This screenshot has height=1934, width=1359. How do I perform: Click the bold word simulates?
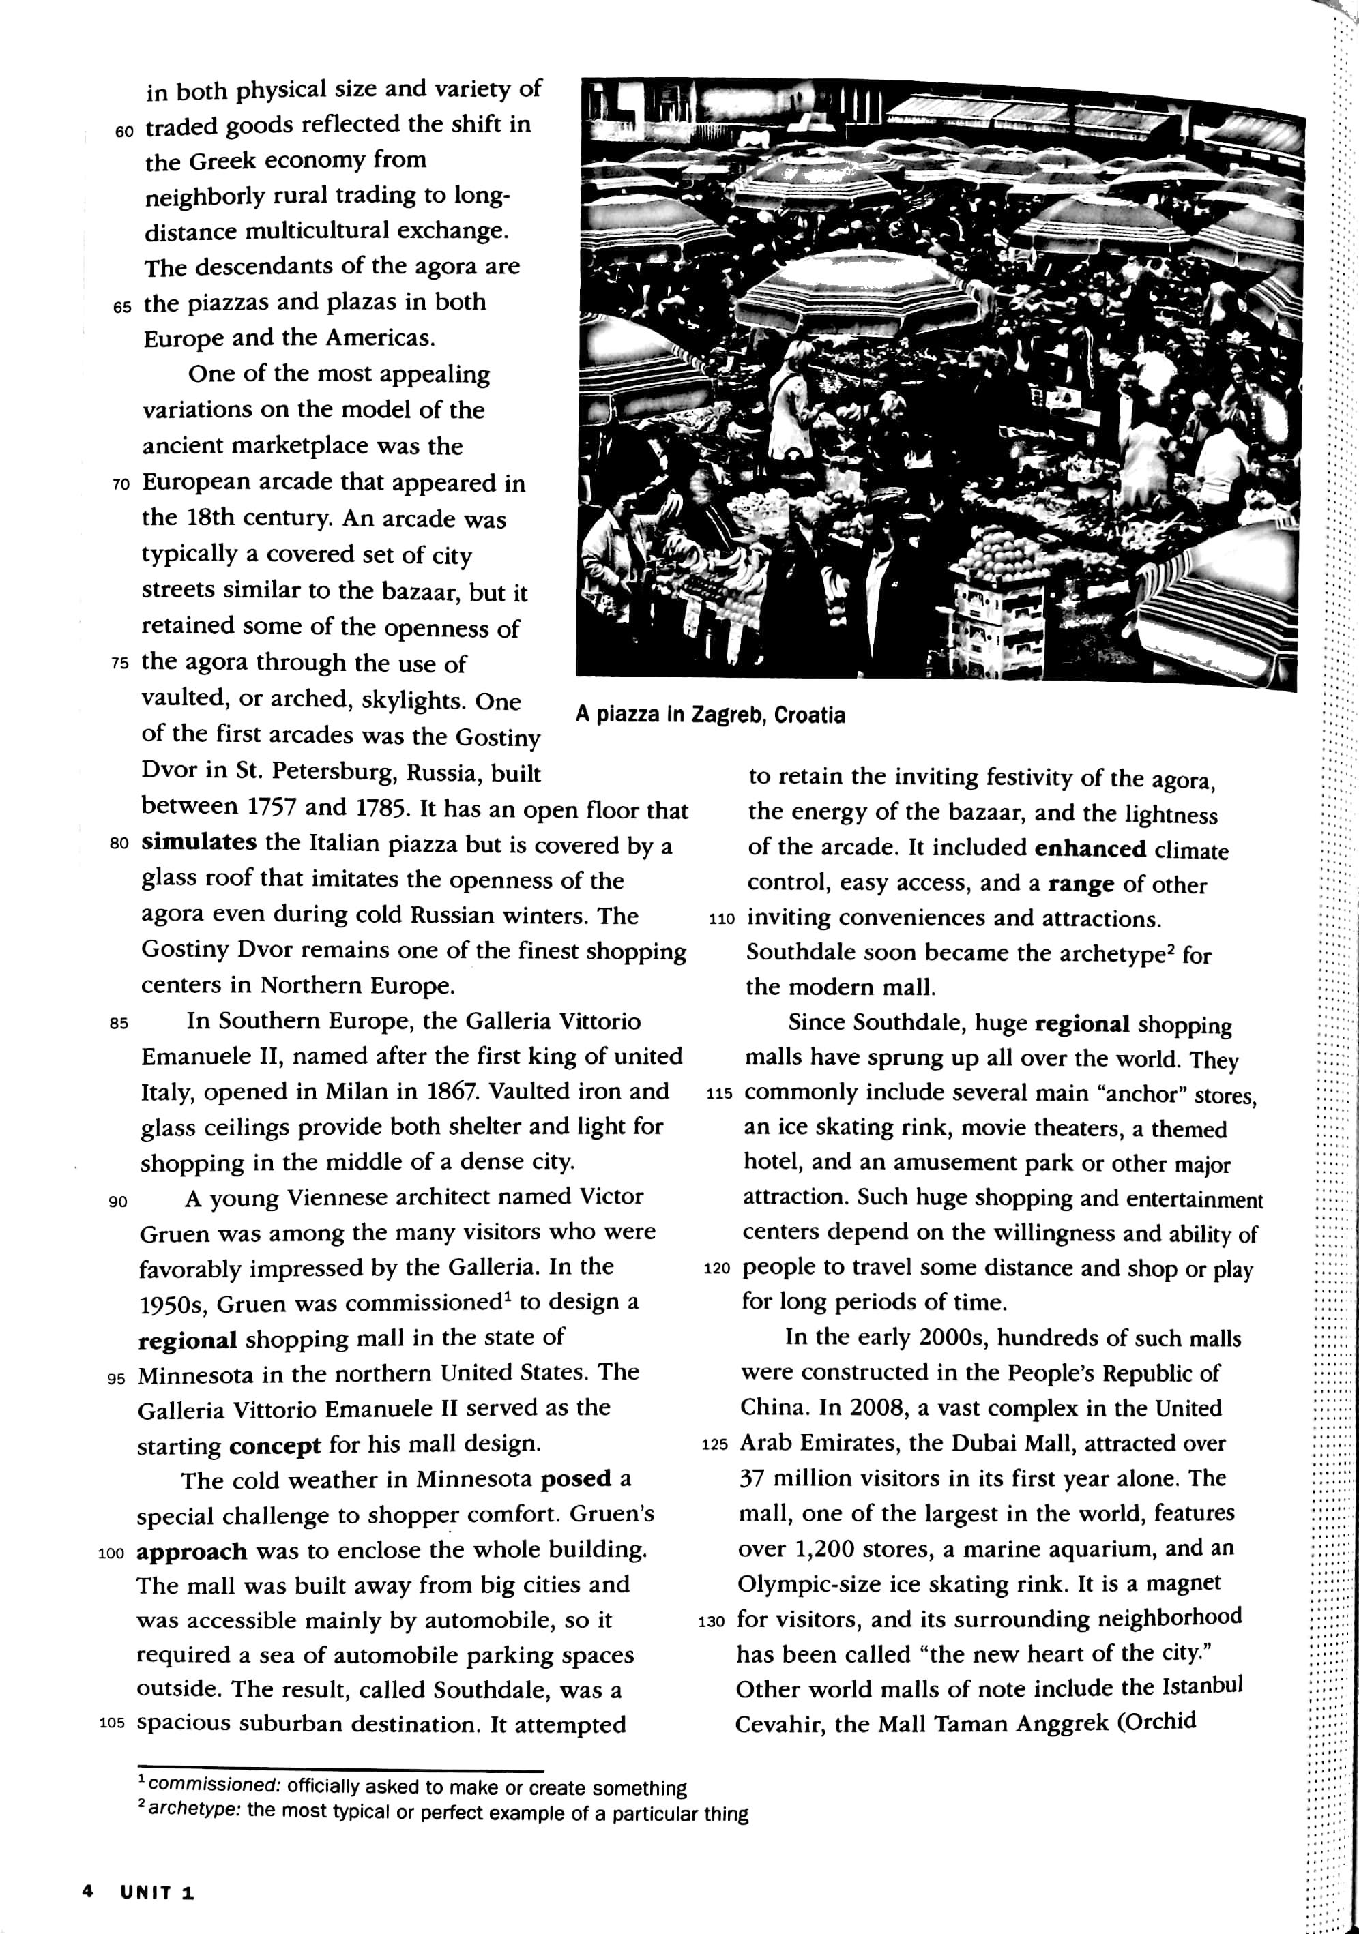point(199,842)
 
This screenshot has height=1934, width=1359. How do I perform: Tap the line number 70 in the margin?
point(121,484)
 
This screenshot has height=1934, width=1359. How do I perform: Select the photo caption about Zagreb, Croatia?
point(710,715)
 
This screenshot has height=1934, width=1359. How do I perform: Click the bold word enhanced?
point(1090,848)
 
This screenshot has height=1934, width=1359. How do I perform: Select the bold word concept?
point(275,1446)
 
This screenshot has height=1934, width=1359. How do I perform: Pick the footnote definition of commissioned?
point(413,1787)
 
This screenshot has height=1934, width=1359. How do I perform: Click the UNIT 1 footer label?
point(157,1892)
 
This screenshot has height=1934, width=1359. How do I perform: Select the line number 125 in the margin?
point(714,1444)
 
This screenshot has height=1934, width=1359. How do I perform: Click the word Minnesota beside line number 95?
point(196,1375)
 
